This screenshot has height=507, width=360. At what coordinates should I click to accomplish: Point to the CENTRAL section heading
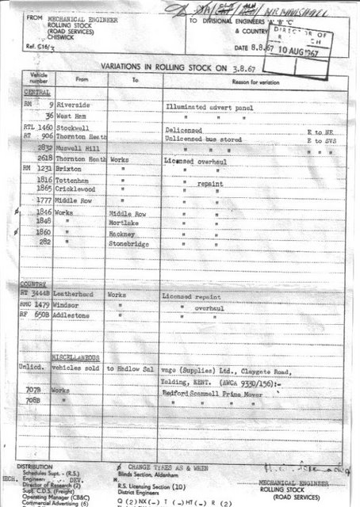pyautogui.click(x=33, y=92)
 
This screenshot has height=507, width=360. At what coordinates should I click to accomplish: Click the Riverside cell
pyautogui.click(x=73, y=104)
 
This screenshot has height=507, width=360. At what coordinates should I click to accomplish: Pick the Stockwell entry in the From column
pyautogui.click(x=72, y=127)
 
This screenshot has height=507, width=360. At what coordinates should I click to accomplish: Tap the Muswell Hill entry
pyautogui.click(x=75, y=147)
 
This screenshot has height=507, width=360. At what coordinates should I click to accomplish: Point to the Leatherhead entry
pyautogui.click(x=78, y=295)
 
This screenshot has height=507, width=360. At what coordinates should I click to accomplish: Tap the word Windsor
pyautogui.click(x=70, y=306)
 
